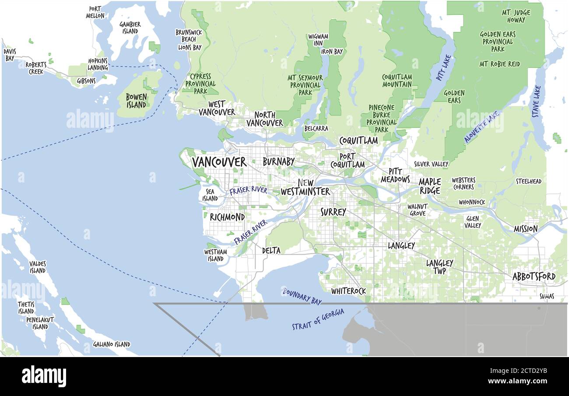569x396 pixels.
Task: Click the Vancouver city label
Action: tap(219, 162)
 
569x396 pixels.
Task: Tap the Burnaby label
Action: tap(278, 162)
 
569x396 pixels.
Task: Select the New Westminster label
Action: tap(305, 187)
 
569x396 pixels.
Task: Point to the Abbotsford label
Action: tap(534, 277)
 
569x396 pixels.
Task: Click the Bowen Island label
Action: tap(136, 101)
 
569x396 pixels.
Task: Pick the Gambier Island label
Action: tap(130, 28)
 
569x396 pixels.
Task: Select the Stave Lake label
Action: tap(536, 101)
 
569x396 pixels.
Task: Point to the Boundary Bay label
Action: tap(302, 296)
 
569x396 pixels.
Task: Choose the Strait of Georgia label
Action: tap(318, 319)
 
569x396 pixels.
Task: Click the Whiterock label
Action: tap(348, 291)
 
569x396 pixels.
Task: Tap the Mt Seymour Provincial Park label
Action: tap(305, 85)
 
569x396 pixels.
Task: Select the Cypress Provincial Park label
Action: tap(200, 84)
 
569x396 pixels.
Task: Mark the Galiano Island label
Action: tap(112, 344)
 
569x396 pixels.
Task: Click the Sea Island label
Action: tap(210, 195)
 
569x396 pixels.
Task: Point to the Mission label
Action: tap(525, 229)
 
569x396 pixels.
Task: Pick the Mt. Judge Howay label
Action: tap(516, 16)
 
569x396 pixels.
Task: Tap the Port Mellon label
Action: tap(95, 12)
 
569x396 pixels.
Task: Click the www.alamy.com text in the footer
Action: tap(519, 381)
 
